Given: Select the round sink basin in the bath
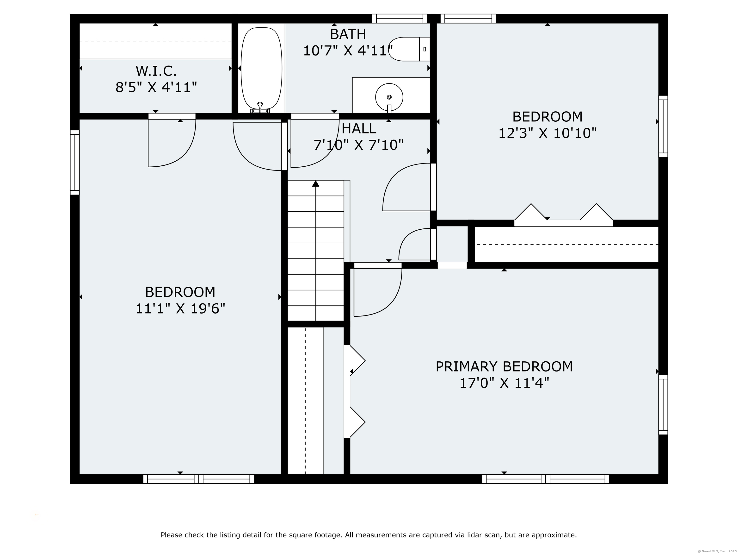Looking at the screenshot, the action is pyautogui.click(x=389, y=97).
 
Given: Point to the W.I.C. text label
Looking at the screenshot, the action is pyautogui.click(x=156, y=71).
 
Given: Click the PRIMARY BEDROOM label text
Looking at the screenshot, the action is pyautogui.click(x=504, y=367).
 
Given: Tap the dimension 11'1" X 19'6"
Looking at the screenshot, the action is pyautogui.click(x=180, y=308).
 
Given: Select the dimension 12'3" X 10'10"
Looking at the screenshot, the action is pyautogui.click(x=547, y=133).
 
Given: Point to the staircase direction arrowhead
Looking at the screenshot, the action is pyautogui.click(x=316, y=183).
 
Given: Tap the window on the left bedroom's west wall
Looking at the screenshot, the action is pyautogui.click(x=75, y=162).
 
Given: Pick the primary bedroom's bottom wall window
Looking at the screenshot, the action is pyautogui.click(x=546, y=479).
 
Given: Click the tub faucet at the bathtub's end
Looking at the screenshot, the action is pyautogui.click(x=260, y=107).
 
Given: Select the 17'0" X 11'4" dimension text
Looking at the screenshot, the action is pyautogui.click(x=504, y=383).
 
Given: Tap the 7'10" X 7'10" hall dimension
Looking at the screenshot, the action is pyautogui.click(x=359, y=145).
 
